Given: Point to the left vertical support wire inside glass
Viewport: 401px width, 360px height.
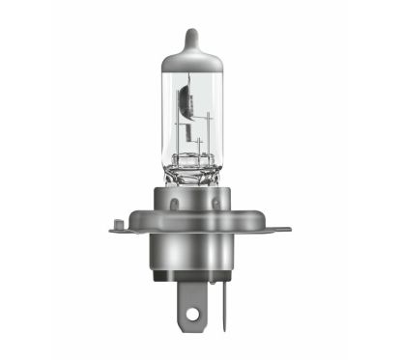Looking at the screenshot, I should pyautogui.click(x=176, y=130).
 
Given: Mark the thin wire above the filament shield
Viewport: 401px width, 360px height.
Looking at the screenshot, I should pyautogui.click(x=196, y=82).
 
